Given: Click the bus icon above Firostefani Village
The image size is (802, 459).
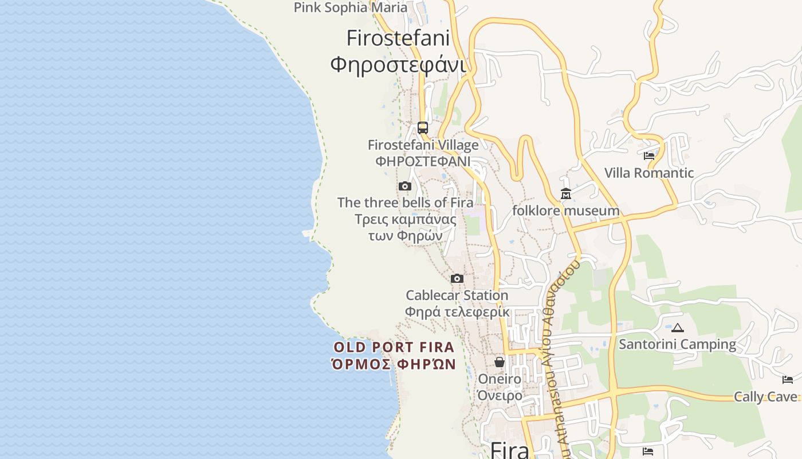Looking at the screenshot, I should point(423,128).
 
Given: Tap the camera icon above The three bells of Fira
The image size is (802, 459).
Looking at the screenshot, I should point(405,186).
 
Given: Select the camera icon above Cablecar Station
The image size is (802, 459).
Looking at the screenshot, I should point(457,278).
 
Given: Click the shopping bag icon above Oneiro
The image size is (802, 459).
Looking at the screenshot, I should point(500,362).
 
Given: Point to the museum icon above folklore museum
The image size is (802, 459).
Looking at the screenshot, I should point(566,194).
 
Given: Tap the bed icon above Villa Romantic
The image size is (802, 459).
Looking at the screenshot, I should point(649,155).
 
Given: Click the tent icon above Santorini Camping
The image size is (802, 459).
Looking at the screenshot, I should point(678,328).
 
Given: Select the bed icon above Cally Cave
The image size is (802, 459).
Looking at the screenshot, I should point(788,379).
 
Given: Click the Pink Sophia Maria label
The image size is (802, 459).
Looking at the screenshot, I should point(351,7).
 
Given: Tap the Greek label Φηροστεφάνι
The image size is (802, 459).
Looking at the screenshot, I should point(398,64).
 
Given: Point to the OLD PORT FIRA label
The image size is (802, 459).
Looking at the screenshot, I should point(394,347).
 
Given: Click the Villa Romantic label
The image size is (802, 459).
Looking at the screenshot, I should point(649,173).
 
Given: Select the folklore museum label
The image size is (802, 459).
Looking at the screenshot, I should point(566,211).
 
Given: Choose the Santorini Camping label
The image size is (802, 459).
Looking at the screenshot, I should point(678,344).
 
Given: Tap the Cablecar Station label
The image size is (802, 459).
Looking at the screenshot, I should point(457,295).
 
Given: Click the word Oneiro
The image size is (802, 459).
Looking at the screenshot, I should point(500,379).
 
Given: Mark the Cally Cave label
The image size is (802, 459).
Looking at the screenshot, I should point(766,396).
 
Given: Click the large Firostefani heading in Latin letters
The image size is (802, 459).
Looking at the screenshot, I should point(398,38).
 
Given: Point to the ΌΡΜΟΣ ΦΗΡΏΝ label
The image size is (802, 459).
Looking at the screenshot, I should point(394,364).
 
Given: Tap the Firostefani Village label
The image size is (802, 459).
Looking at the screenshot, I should point(423,145).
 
